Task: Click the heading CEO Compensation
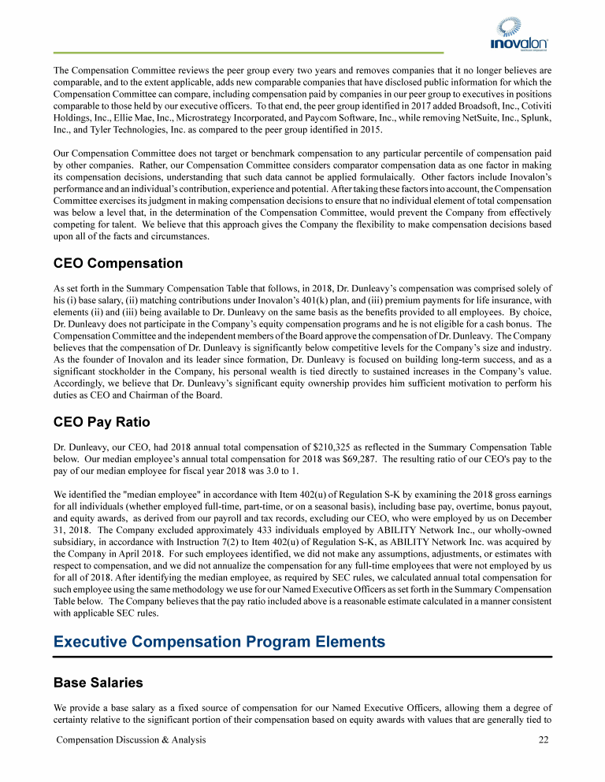pyautogui.click(x=117, y=263)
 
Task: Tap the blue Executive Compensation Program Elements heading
pyautogui.click(x=219, y=642)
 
